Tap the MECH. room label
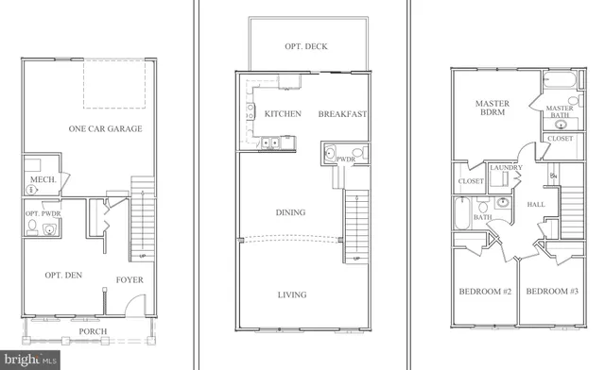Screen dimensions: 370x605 42,179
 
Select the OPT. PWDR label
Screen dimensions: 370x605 40,213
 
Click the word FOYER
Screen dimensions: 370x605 130,280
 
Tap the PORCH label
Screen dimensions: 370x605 93,331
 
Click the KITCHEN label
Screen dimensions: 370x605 283,114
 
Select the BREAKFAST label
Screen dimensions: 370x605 342,114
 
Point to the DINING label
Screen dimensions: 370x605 290,212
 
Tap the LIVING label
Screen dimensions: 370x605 292,295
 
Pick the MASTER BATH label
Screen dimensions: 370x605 561,113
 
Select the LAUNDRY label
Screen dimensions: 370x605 506,168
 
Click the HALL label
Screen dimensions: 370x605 536,203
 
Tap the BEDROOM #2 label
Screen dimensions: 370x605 484,292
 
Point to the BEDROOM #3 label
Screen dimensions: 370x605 552,292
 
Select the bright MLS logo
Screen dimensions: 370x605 31,359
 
